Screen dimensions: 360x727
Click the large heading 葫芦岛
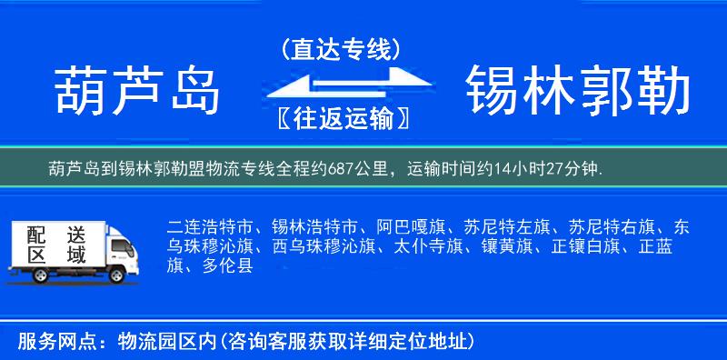[138, 92]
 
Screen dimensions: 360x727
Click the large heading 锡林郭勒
[578, 92]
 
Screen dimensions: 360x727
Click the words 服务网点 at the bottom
[49, 341]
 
